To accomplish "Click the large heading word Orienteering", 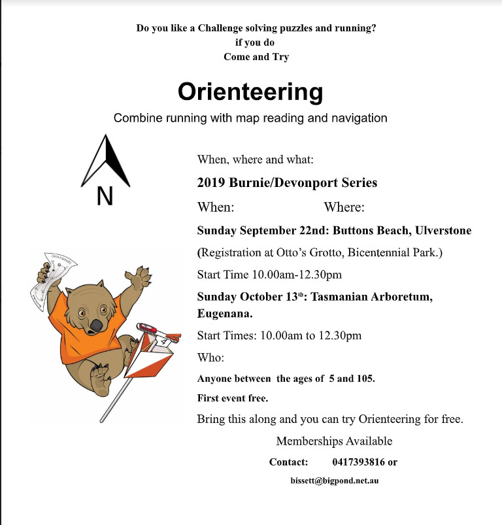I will tap(250, 92).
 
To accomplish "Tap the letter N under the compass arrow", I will tap(105, 196).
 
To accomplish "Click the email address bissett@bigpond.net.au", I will tap(335, 481).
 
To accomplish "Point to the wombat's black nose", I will tap(96, 325).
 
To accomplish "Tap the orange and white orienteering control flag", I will tap(152, 356).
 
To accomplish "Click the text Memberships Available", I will tap(334, 441).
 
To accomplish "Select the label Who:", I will tap(210, 358).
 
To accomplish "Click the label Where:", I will tap(344, 207).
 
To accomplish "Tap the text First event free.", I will tap(233, 398).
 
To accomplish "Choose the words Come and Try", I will tap(256, 56).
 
